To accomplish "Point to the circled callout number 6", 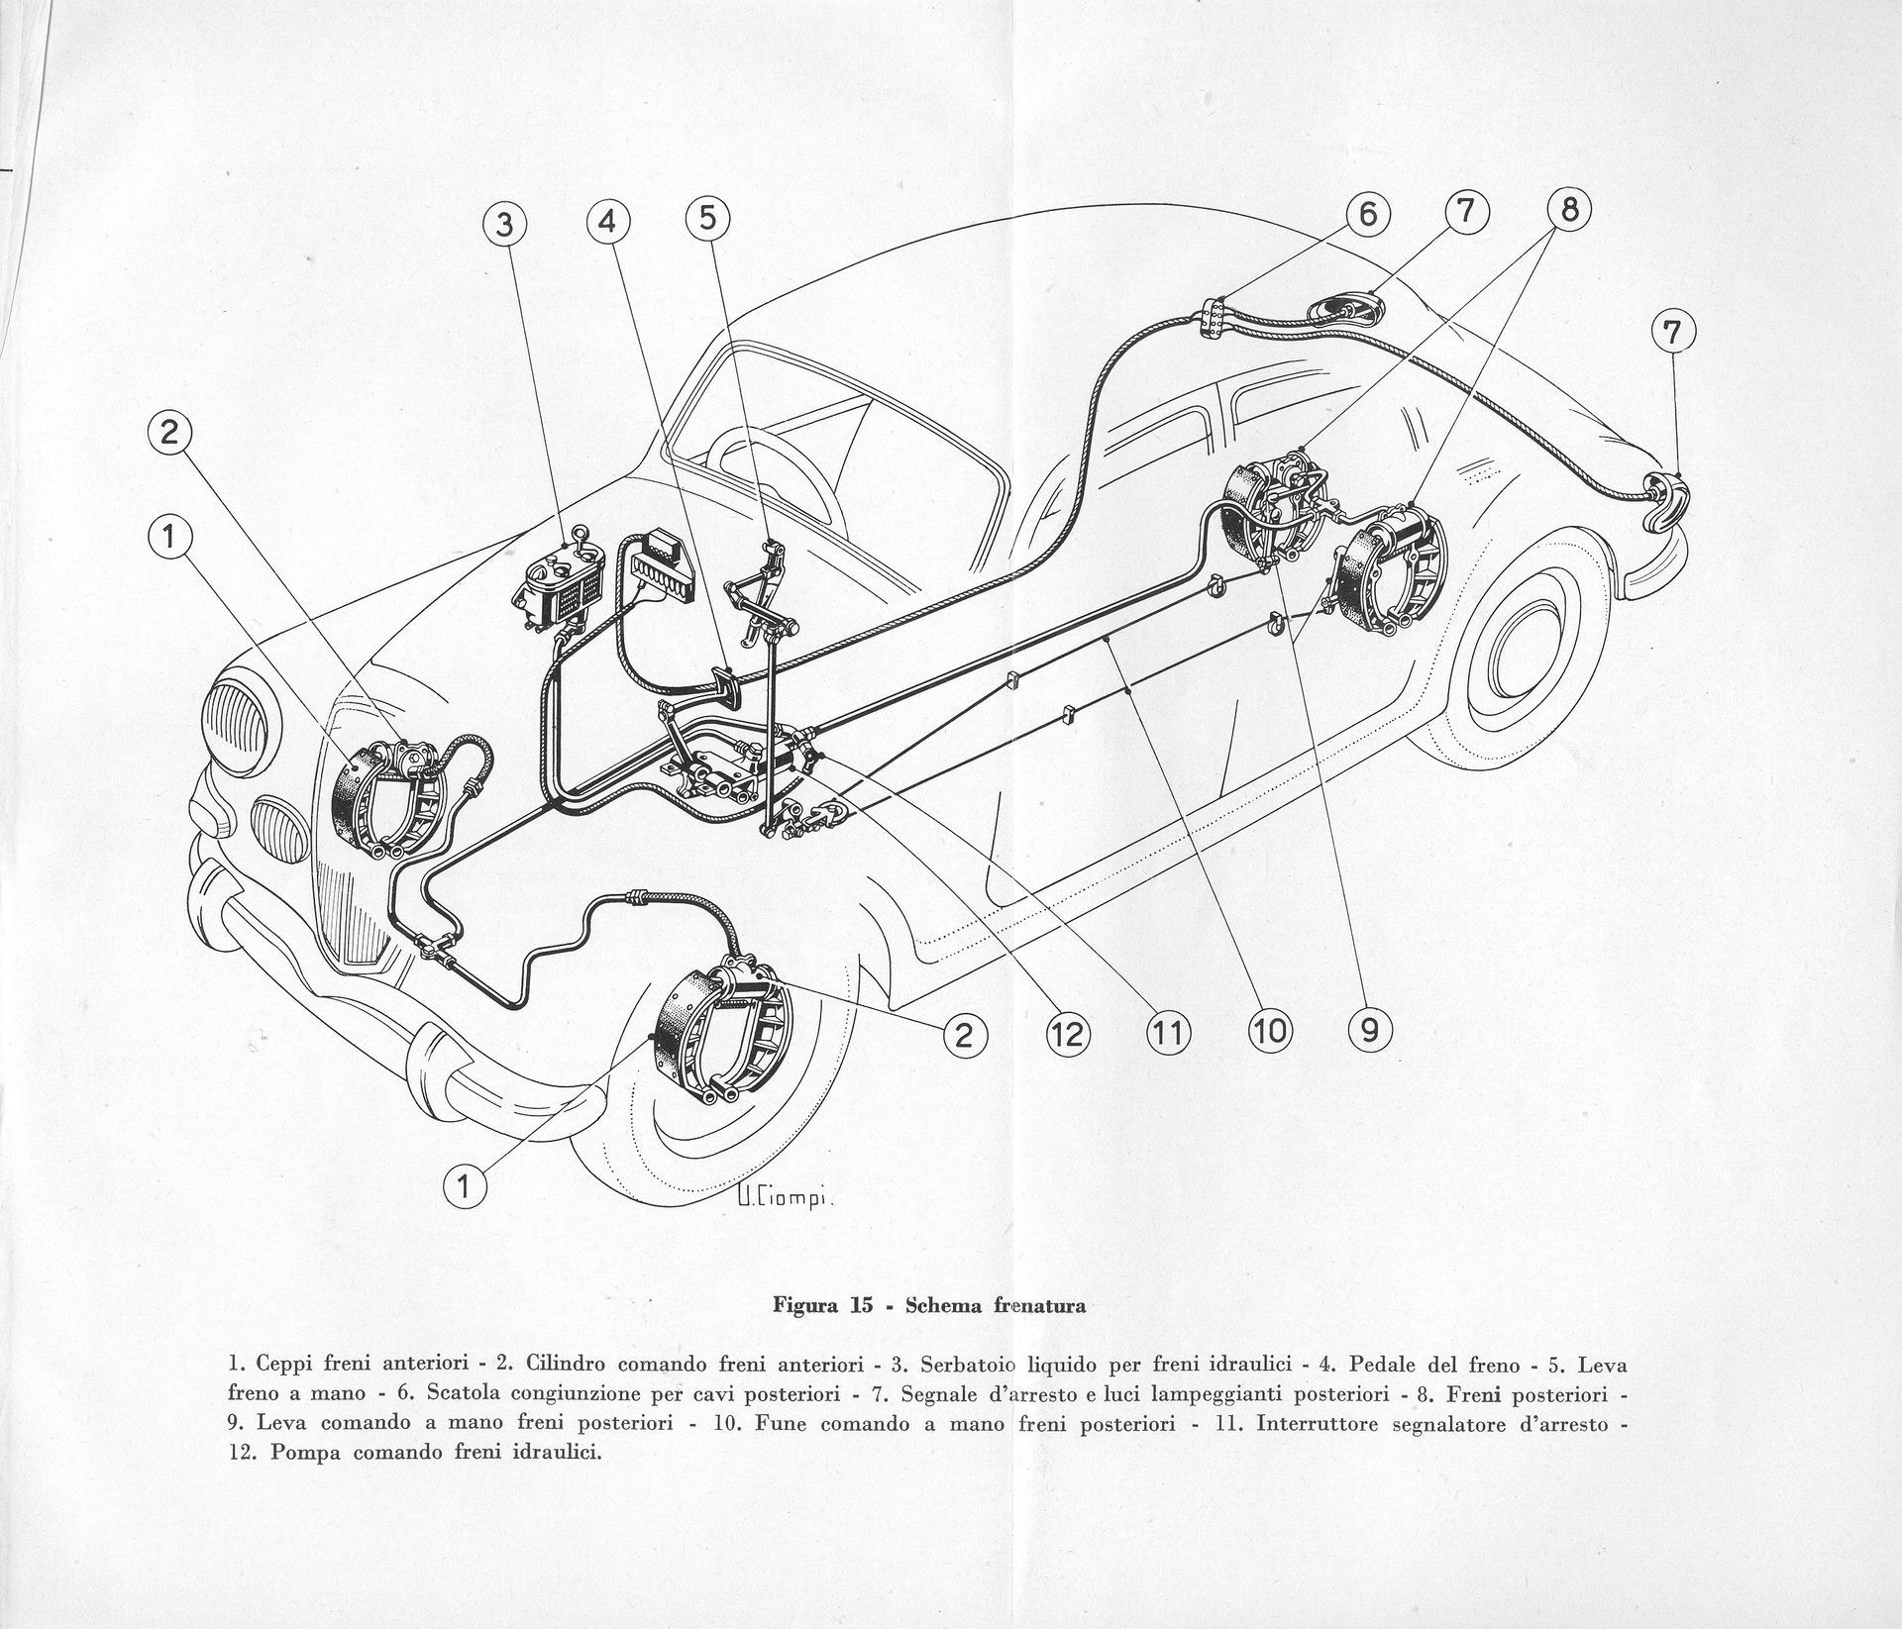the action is [x=1368, y=214].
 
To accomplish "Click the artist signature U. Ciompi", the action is [x=786, y=1199].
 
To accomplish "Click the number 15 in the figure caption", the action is [x=858, y=1305].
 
